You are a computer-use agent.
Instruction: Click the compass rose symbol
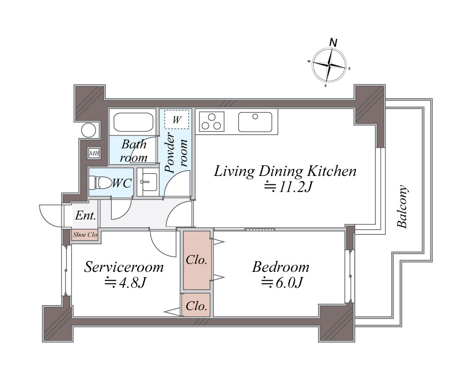(329, 65)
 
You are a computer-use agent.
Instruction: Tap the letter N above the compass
(333, 43)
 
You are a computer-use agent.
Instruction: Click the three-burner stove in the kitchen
(212, 122)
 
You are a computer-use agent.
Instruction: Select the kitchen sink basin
(255, 122)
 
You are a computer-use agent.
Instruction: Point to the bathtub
(133, 122)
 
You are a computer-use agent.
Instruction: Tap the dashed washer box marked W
(177, 119)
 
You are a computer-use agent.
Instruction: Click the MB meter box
(94, 153)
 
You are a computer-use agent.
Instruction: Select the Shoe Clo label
(85, 234)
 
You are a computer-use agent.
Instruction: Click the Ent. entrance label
(86, 215)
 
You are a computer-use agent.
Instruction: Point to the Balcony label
(402, 207)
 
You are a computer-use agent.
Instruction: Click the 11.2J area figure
(288, 187)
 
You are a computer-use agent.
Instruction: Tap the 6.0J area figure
(282, 283)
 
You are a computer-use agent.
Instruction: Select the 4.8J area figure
(125, 282)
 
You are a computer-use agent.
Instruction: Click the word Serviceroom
(124, 267)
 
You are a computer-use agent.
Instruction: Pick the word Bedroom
(280, 267)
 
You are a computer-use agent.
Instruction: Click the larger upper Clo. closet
(197, 260)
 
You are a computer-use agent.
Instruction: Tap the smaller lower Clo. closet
(197, 305)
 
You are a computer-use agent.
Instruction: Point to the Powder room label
(176, 153)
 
